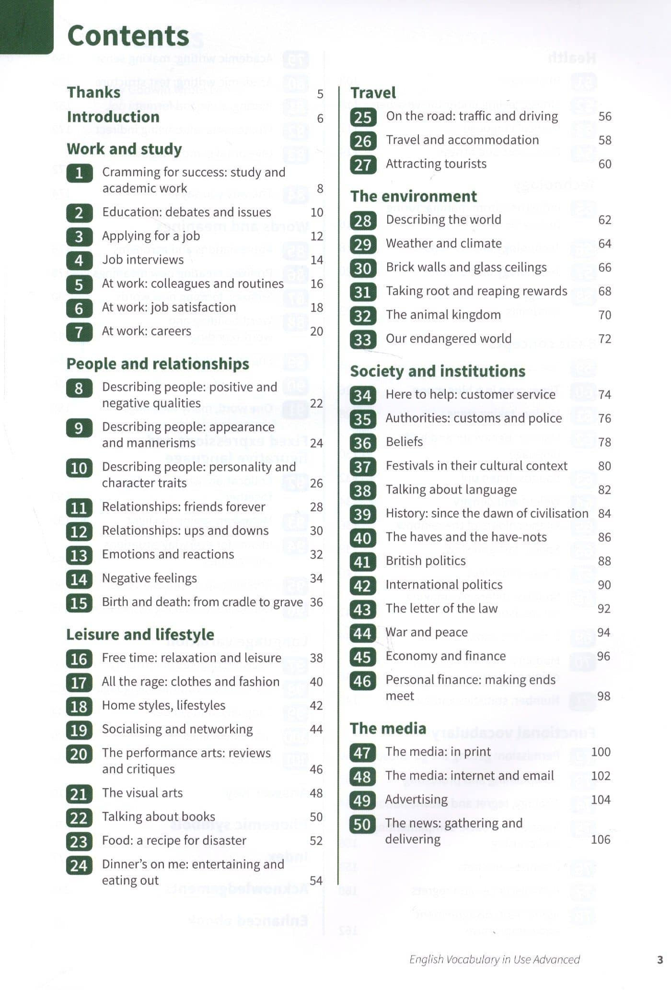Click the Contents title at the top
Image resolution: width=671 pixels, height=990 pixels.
pyautogui.click(x=128, y=36)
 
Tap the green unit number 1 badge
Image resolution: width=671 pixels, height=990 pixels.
pyautogui.click(x=79, y=173)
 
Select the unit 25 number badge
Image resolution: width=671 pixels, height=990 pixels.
pyautogui.click(x=363, y=117)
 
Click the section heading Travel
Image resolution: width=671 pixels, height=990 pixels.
pyautogui.click(x=373, y=93)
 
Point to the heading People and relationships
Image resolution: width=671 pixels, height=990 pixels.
pyautogui.click(x=158, y=364)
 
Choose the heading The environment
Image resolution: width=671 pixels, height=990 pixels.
pyautogui.click(x=413, y=196)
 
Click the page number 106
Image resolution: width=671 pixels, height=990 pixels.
pyautogui.click(x=600, y=839)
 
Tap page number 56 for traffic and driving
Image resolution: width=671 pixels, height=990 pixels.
pyautogui.click(x=604, y=117)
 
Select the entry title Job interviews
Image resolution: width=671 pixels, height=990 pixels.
pyautogui.click(x=143, y=259)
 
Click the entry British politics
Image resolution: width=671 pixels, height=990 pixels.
pyautogui.click(x=425, y=561)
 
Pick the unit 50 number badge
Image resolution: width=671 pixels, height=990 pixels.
pyautogui.click(x=362, y=824)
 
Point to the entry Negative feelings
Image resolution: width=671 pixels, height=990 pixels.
pyautogui.click(x=149, y=578)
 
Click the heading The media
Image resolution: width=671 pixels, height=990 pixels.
pyautogui.click(x=388, y=728)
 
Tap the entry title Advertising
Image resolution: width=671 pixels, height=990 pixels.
pyautogui.click(x=416, y=800)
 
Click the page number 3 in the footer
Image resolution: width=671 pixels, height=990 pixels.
pyautogui.click(x=660, y=959)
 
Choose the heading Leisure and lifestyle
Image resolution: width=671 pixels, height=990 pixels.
pyautogui.click(x=140, y=635)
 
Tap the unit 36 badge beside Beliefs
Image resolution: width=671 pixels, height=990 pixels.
pyautogui.click(x=362, y=443)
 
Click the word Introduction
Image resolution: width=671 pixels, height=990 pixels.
pyautogui.click(x=113, y=117)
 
